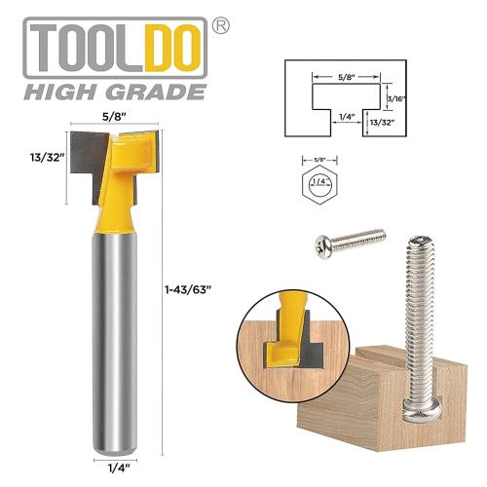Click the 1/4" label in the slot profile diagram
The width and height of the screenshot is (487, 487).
[x=336, y=115]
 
